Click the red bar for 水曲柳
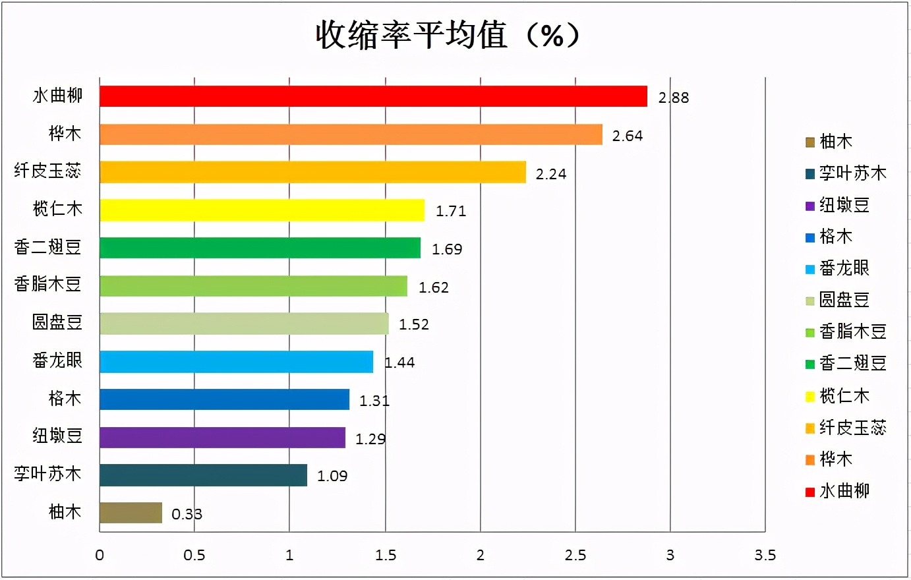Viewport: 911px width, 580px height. [373, 96]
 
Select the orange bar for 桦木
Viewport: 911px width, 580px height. [351, 134]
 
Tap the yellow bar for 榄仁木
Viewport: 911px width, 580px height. [262, 210]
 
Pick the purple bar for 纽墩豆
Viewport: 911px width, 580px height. [222, 438]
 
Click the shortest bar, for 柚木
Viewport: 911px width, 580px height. [131, 513]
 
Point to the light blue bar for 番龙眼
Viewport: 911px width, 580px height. [236, 362]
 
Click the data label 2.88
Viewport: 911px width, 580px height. [673, 98]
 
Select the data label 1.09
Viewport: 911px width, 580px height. [332, 477]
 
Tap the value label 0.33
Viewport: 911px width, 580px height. [187, 515]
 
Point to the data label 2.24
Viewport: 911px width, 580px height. [550, 174]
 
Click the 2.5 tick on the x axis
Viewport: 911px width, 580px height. [575, 556]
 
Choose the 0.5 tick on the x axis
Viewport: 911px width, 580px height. [194, 556]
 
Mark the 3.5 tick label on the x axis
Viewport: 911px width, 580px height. [765, 556]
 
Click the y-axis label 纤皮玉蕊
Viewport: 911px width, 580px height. [47, 171]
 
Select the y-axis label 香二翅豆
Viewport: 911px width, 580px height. [47, 247]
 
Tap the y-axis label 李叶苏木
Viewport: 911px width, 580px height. [47, 474]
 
